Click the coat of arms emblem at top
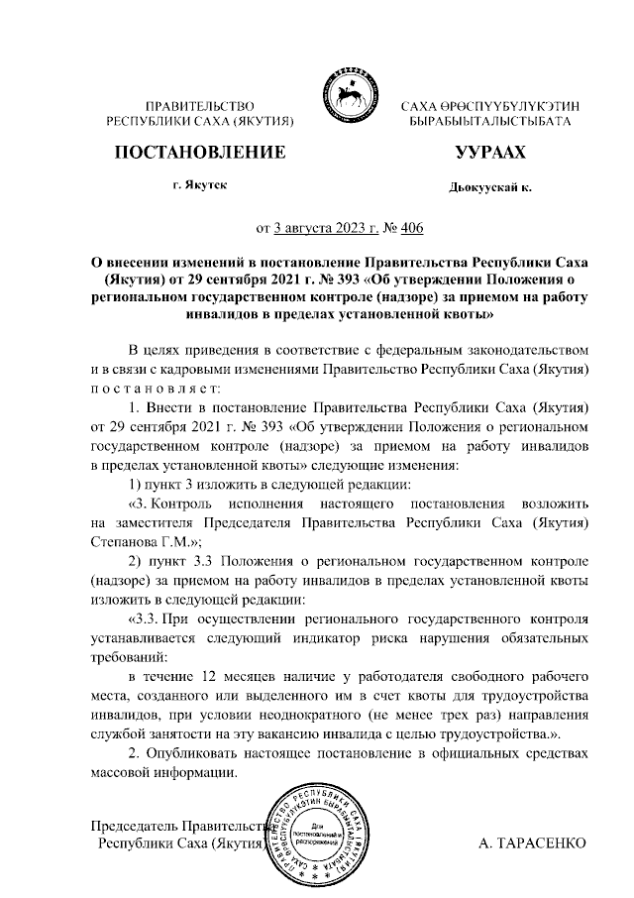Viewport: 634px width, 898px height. [x=347, y=95]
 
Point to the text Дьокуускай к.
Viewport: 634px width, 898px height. [x=489, y=186]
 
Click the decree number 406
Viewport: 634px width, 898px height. [x=410, y=229]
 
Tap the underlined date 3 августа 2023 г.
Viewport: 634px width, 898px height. [x=325, y=229]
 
